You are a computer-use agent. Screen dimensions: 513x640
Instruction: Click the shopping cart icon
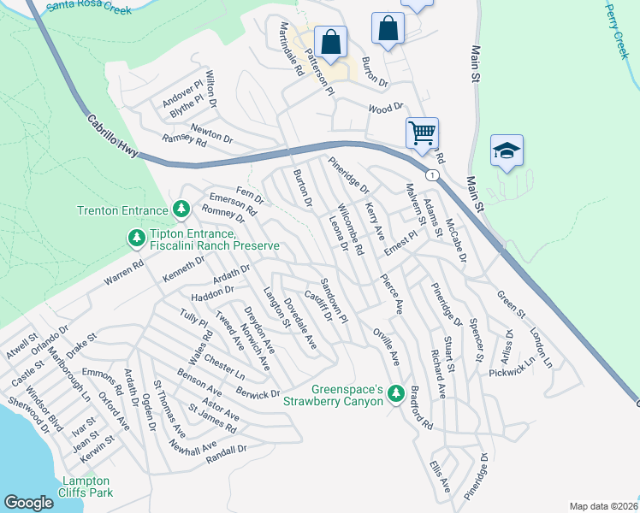[422, 133]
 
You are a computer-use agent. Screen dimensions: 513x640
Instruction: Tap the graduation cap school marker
[507, 151]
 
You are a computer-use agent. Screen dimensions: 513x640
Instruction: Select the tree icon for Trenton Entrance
[181, 209]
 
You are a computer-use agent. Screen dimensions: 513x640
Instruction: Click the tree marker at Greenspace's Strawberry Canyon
[394, 393]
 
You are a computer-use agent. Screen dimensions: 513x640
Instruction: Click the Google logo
[28, 503]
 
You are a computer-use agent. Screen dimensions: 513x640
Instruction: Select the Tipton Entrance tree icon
[134, 235]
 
